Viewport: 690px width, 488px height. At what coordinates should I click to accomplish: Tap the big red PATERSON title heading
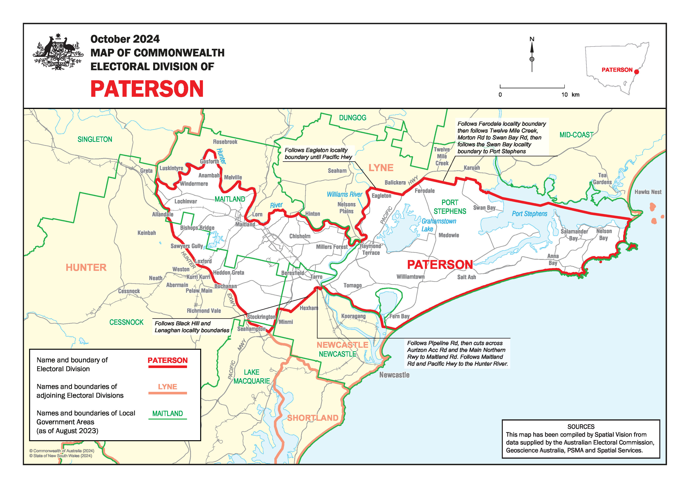(x=147, y=89)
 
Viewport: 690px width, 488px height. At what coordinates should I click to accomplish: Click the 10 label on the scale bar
(x=564, y=95)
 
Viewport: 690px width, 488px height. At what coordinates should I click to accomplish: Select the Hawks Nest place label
(x=648, y=192)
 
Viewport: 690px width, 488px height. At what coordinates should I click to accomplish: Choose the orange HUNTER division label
(x=86, y=267)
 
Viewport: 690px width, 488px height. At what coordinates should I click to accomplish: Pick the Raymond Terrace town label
(x=370, y=249)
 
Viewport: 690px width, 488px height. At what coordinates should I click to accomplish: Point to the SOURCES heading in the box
(x=581, y=426)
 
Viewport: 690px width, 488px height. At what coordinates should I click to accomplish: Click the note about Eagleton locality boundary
(x=318, y=153)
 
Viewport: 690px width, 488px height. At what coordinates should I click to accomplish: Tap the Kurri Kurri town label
(x=198, y=277)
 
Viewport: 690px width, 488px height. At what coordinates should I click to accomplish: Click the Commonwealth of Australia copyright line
(x=62, y=451)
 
